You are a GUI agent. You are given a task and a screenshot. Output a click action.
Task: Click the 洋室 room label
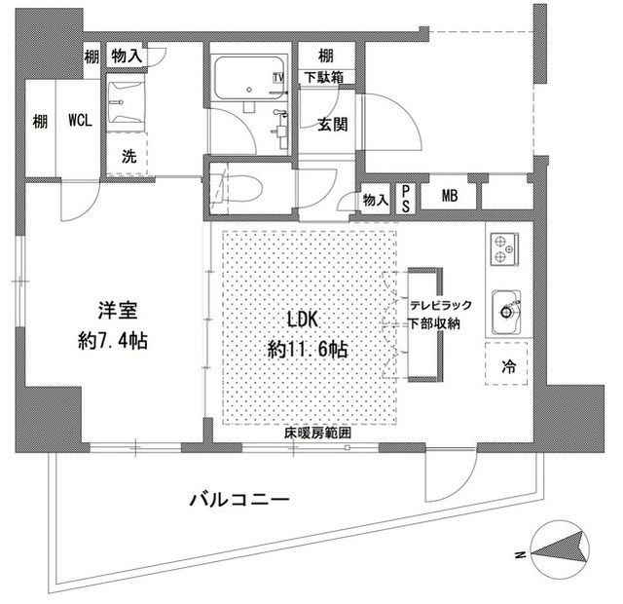(x=115, y=313)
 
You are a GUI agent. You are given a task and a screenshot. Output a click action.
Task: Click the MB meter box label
(x=449, y=196)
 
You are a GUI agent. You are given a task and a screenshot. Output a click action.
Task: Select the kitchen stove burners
(x=502, y=250)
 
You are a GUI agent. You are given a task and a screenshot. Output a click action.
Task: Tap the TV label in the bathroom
(x=278, y=77)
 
